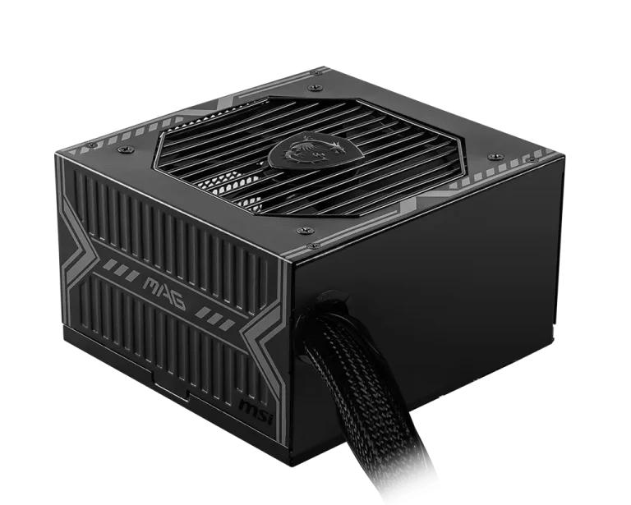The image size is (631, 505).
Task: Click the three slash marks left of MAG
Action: tap(120, 269)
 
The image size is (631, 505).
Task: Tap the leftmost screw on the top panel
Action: tap(92, 145)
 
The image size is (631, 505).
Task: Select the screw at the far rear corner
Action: tap(318, 73)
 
